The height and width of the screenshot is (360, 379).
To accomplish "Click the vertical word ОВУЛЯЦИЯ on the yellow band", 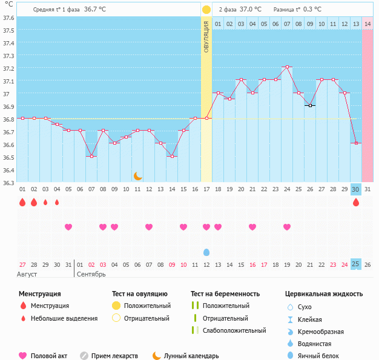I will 206,36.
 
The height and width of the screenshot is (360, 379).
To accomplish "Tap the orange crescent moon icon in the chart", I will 138,175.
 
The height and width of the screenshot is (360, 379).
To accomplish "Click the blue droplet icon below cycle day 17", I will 206,252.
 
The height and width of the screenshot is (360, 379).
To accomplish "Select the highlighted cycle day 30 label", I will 356,189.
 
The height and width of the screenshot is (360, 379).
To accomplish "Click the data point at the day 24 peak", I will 287,67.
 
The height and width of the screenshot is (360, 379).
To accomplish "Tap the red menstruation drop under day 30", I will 356,202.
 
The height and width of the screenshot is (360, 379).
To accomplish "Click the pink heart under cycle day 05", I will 68,227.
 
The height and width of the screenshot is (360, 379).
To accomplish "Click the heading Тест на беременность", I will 225,294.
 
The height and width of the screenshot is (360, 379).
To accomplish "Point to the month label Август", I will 27,274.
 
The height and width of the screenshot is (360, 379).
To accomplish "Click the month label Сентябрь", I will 91,274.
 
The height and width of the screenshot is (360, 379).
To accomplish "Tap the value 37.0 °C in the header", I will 251,10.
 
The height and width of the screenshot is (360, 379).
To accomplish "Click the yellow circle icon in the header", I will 206,10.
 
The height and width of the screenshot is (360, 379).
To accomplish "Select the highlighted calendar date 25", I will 356,264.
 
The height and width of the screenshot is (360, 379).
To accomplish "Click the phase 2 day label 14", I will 367,24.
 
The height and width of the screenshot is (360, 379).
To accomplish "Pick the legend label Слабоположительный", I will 234,330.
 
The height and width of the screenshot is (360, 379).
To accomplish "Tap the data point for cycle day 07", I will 91,156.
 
